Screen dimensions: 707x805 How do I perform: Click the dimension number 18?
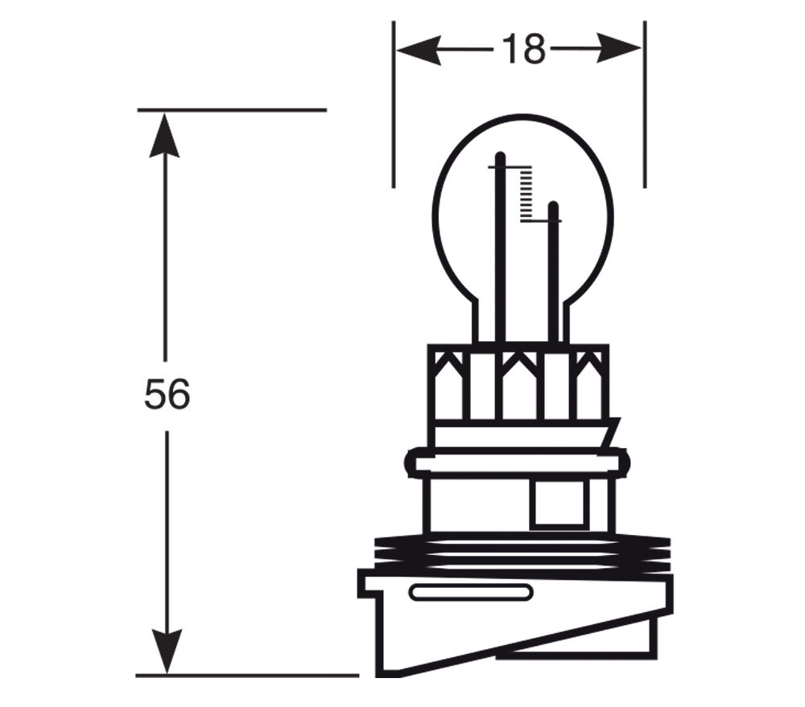tap(523, 50)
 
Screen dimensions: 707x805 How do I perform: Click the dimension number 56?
tap(167, 395)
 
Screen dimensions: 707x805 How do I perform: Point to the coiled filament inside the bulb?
tap(527, 194)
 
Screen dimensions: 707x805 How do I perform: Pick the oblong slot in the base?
tap(471, 594)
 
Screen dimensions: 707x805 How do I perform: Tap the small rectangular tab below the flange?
tap(557, 503)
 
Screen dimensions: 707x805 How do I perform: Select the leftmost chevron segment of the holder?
tap(448, 382)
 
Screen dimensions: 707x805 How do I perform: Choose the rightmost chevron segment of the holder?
tap(588, 382)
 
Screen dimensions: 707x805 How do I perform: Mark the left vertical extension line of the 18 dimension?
tap(394, 105)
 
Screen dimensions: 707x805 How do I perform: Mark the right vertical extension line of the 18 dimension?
tap(645, 105)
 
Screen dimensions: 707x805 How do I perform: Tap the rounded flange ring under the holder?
tap(515, 463)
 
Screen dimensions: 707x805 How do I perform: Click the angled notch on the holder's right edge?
tap(613, 433)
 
